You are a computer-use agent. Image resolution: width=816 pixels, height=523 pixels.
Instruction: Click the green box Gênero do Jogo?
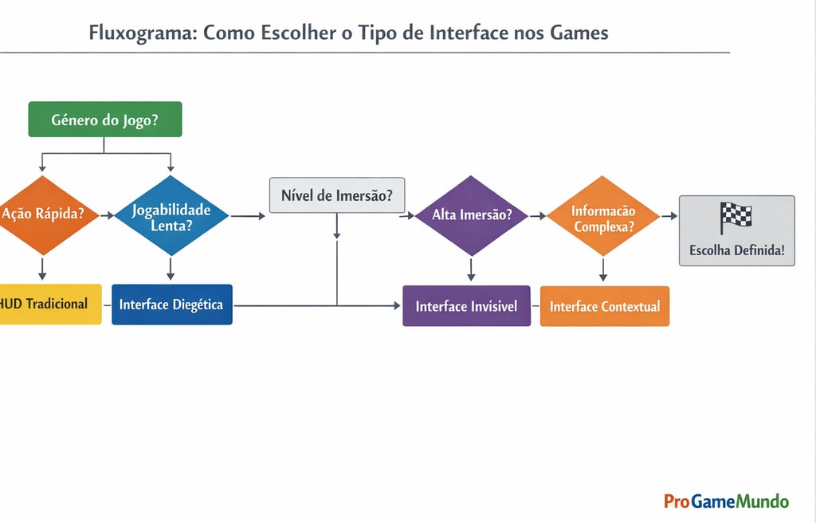[104, 120]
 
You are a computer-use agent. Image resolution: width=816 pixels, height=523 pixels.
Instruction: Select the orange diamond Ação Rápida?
[44, 214]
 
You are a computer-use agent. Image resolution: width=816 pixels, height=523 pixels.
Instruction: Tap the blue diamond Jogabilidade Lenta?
[171, 216]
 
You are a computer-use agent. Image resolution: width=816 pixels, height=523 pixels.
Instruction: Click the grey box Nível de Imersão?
[337, 195]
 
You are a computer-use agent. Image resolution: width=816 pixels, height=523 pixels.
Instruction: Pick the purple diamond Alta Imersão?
[472, 215]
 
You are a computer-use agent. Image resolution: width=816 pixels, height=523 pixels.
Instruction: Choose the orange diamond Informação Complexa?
[603, 216]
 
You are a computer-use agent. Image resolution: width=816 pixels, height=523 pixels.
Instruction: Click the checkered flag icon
[736, 218]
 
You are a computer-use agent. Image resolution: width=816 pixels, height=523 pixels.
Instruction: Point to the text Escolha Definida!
[736, 250]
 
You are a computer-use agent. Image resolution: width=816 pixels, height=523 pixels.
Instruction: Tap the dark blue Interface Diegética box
[171, 305]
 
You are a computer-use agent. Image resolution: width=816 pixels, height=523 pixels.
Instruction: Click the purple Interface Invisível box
[466, 306]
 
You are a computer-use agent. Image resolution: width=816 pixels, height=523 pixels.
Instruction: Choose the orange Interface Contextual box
[605, 306]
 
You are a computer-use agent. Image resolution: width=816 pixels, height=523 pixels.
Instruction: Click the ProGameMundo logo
[726, 501]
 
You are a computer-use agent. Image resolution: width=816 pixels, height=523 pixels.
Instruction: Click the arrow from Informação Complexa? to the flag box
[669, 215]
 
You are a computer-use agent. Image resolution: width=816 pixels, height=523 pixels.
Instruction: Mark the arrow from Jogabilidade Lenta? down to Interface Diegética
[170, 269]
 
